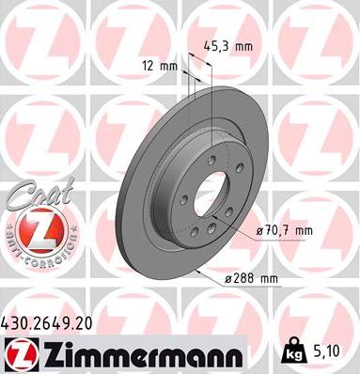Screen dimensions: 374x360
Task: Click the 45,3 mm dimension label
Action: click(x=229, y=42)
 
